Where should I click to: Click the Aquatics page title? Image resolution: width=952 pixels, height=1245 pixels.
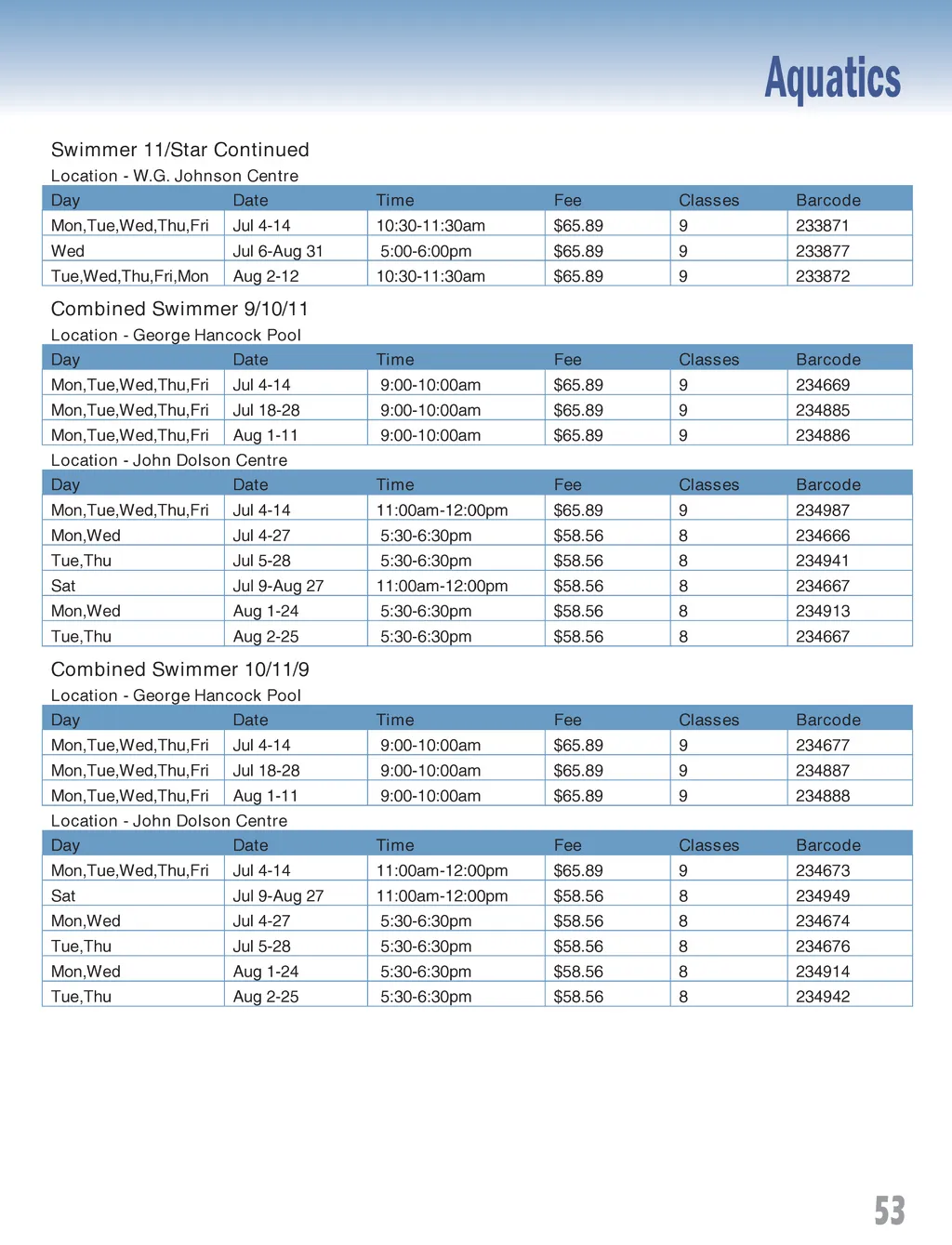coord(832,78)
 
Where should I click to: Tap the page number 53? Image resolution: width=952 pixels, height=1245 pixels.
coord(889,1210)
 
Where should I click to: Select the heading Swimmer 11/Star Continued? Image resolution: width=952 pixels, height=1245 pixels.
coord(179,150)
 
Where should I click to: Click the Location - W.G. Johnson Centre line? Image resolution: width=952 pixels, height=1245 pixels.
coord(175,176)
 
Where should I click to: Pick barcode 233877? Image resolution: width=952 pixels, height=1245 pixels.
coord(822,251)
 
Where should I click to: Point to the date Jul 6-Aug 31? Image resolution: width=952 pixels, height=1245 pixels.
coord(278,251)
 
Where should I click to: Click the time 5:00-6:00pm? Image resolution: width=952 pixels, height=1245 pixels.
coord(425,251)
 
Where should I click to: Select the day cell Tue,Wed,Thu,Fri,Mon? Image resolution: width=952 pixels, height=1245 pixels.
coord(129,276)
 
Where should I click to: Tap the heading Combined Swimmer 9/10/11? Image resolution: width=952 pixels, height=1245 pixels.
coord(179,309)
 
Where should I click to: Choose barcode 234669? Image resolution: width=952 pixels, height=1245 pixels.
coord(822,385)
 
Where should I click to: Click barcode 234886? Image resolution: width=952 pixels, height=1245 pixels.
coord(822,435)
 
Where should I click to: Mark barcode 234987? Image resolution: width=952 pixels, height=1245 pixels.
coord(822,510)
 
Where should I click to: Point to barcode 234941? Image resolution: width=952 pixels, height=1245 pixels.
coord(822,561)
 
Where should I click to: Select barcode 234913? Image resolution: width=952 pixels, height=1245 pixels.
coord(822,611)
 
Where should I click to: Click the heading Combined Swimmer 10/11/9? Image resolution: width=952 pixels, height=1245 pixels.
coord(179,669)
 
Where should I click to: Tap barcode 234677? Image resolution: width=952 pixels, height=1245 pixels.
coord(822,746)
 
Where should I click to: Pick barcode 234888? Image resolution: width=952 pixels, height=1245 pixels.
coord(822,796)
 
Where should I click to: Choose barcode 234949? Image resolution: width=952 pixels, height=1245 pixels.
coord(822,896)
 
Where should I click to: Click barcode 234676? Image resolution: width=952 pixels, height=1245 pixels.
coord(822,947)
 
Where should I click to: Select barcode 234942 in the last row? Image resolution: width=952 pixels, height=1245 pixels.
coord(822,997)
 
